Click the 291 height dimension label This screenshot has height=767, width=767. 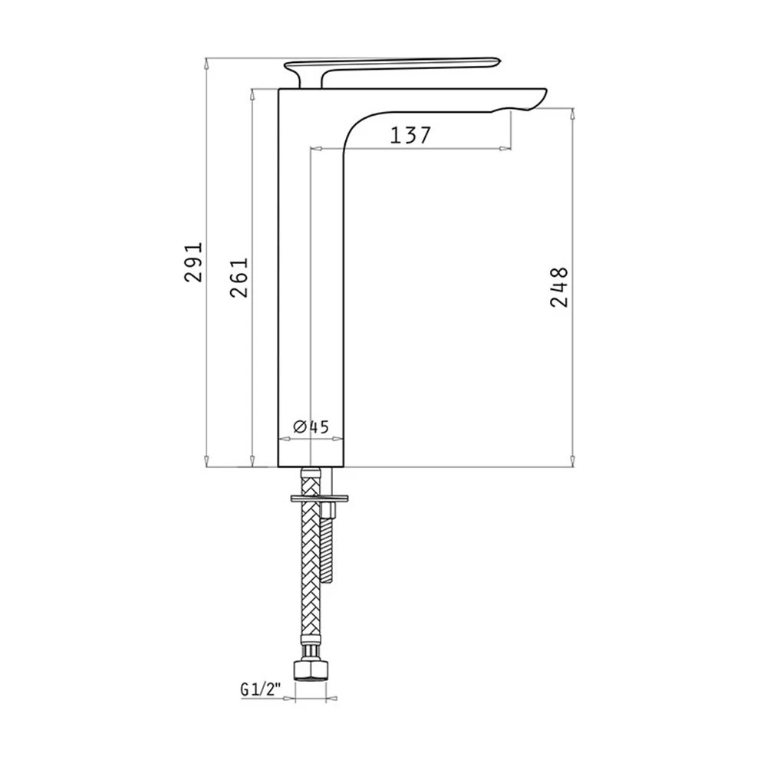pyautogui.click(x=194, y=262)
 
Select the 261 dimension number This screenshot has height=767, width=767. pyautogui.click(x=239, y=278)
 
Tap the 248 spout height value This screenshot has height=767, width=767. pyautogui.click(x=559, y=287)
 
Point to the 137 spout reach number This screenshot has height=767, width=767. pyautogui.click(x=410, y=135)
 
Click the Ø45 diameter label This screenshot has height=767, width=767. pyautogui.click(x=311, y=426)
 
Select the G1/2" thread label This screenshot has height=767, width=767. pyautogui.click(x=260, y=690)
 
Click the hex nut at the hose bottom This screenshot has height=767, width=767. pyautogui.click(x=311, y=670)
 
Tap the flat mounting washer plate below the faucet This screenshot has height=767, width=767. pyautogui.click(x=319, y=499)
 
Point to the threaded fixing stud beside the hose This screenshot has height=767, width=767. pyautogui.click(x=327, y=541)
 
